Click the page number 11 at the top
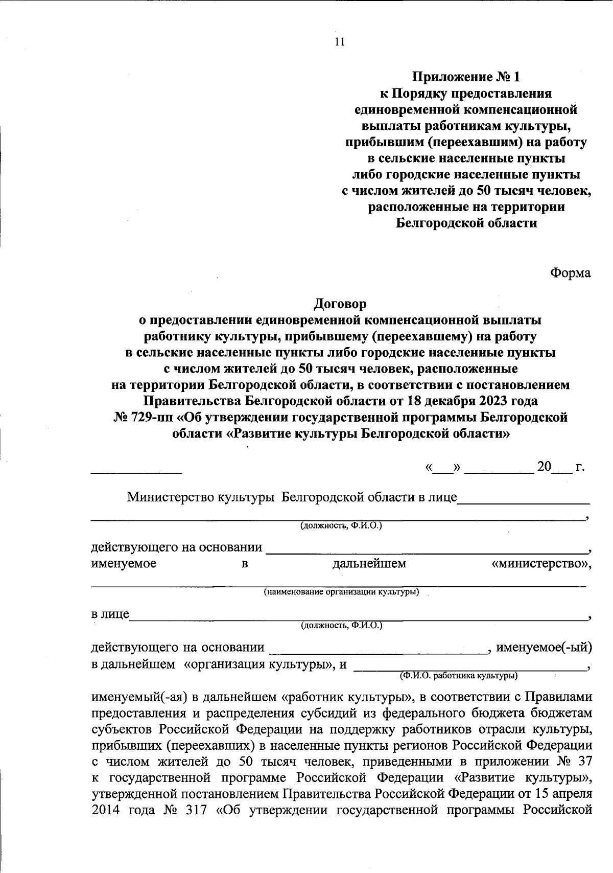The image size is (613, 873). click(x=340, y=42)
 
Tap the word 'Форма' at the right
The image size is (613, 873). click(x=570, y=273)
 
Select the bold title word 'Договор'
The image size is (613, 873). click(x=340, y=304)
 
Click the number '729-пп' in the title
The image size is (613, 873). click(x=150, y=418)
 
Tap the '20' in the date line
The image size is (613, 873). click(x=544, y=467)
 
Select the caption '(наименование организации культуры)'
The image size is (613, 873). click(x=341, y=592)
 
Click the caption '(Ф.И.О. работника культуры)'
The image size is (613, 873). click(x=458, y=676)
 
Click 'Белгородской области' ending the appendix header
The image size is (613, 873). click(x=467, y=223)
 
